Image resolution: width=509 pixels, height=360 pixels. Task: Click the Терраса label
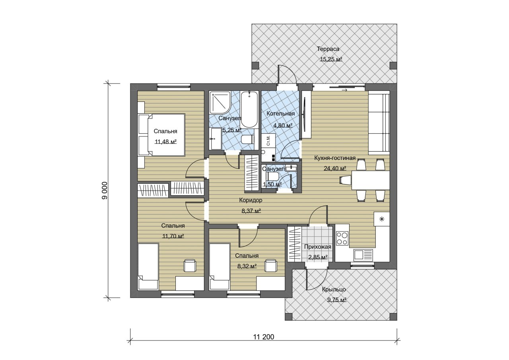pyautogui.click(x=328, y=49)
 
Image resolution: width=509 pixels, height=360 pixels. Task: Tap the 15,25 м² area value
pyautogui.click(x=331, y=60)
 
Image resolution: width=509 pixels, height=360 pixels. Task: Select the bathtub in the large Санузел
pyautogui.click(x=249, y=109)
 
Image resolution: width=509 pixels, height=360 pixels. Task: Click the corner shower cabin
pyautogui.click(x=220, y=102)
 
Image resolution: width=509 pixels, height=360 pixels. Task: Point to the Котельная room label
pyautogui.click(x=280, y=114)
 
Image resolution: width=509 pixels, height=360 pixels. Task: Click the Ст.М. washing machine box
pyautogui.click(x=268, y=140)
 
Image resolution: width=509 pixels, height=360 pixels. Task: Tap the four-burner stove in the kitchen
pyautogui.click(x=342, y=238)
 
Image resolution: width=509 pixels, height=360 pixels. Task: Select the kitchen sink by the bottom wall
pyautogui.click(x=363, y=254)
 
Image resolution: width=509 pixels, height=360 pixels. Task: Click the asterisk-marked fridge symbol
pyautogui.click(x=382, y=219)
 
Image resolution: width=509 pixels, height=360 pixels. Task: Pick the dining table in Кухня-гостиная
pyautogui.click(x=371, y=180)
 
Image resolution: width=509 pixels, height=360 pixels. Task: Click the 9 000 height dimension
pyautogui.click(x=105, y=191)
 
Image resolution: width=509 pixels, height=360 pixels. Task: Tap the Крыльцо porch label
pyautogui.click(x=334, y=289)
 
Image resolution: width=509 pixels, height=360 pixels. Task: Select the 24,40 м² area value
pyautogui.click(x=335, y=168)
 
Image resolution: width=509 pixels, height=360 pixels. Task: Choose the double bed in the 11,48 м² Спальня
pyautogui.click(x=161, y=135)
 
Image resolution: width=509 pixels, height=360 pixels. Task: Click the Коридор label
pyautogui.click(x=251, y=200)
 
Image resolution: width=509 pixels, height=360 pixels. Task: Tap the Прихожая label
pyautogui.click(x=318, y=247)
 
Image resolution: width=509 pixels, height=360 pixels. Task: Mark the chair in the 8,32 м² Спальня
pyautogui.click(x=271, y=265)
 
